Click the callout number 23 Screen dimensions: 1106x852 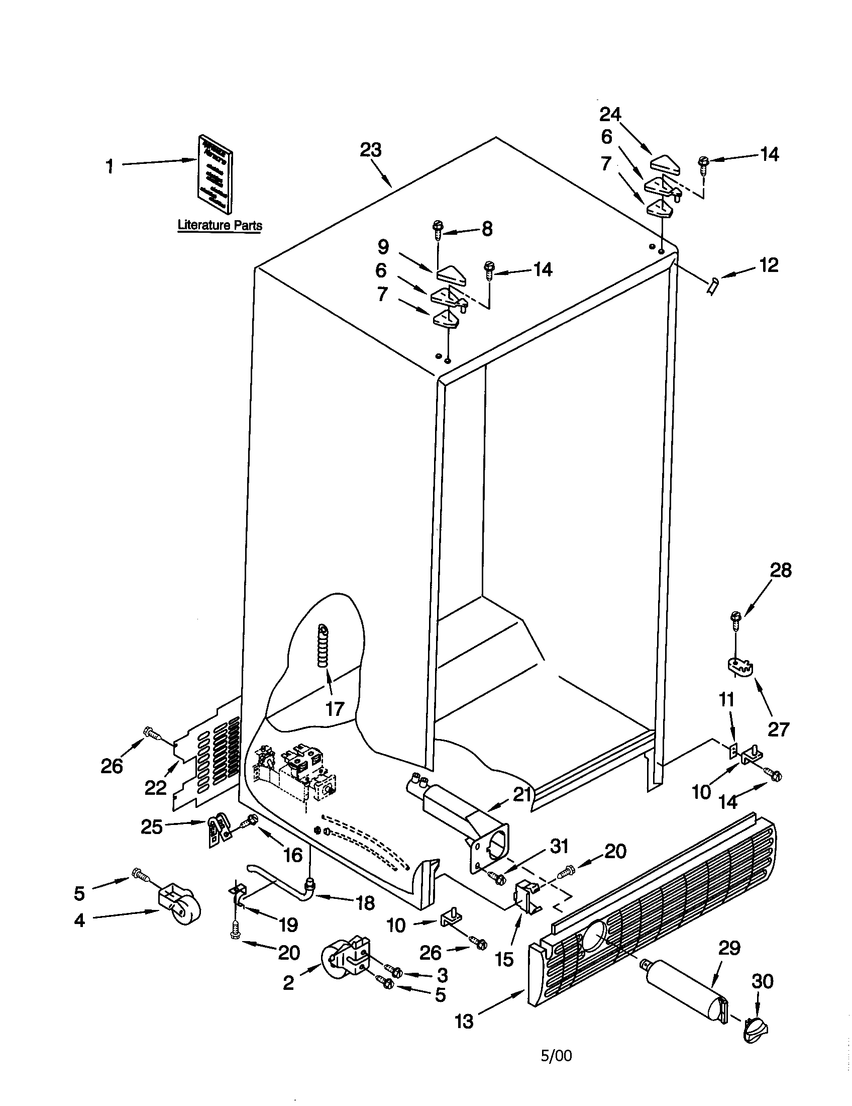tap(370, 150)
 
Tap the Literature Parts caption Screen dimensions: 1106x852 tap(220, 225)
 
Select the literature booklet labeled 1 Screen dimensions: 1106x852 tap(216, 174)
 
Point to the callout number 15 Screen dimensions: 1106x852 tap(504, 958)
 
